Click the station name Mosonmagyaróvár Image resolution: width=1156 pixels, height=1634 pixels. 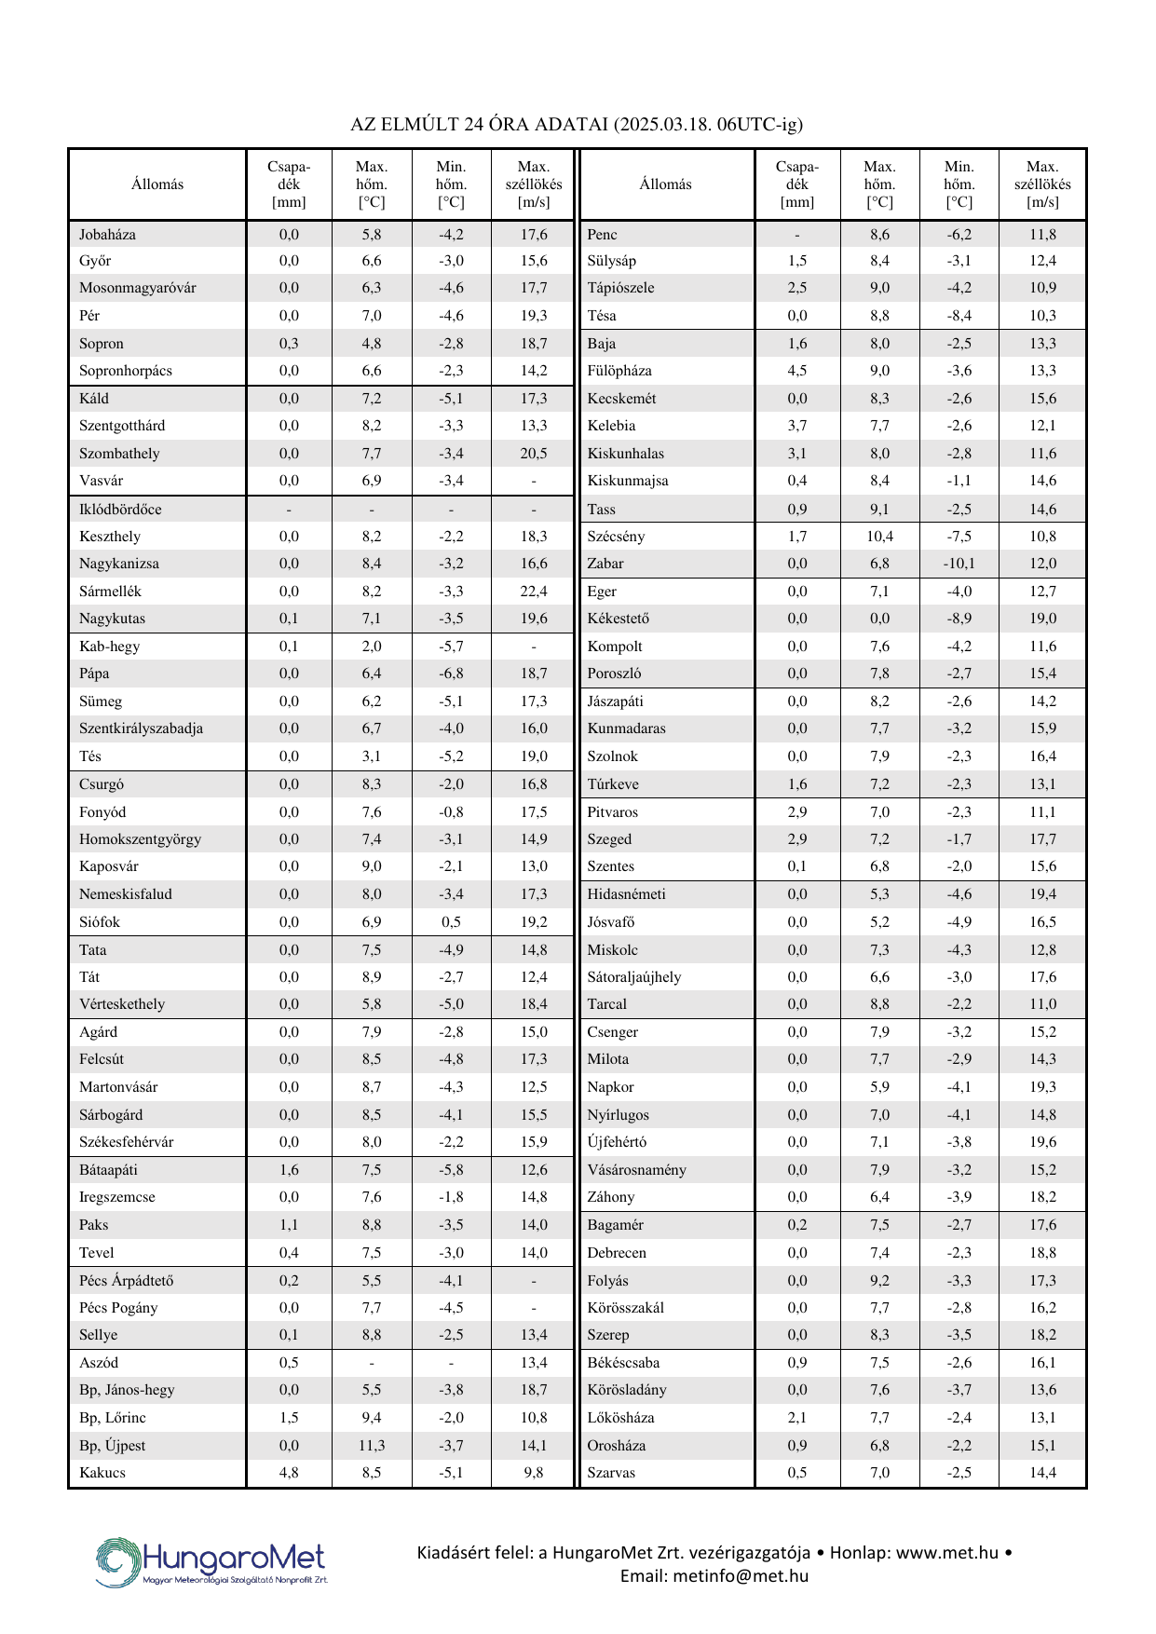pos(137,288)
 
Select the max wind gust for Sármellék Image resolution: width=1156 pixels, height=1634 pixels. pos(534,592)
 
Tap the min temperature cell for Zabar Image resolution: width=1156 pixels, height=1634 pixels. pos(959,564)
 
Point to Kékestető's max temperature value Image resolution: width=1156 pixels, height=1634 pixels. pos(879,619)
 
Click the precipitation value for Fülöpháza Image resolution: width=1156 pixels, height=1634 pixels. pos(797,371)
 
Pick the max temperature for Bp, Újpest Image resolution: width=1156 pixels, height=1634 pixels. pos(372,1446)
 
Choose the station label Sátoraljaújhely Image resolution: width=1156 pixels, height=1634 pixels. pos(633,977)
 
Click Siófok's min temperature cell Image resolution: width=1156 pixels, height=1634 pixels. pos(451,922)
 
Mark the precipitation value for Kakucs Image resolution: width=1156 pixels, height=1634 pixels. pos(289,1473)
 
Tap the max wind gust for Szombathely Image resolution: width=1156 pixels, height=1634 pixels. pos(534,454)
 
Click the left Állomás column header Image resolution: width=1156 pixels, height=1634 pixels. pos(157,184)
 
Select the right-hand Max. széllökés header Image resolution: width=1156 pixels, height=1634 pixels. pos(1042,184)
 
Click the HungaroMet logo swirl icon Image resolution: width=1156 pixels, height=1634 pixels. pos(117,1562)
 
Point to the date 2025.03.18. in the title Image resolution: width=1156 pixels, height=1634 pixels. pos(663,124)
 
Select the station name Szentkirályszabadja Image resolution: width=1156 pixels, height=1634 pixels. pos(141,728)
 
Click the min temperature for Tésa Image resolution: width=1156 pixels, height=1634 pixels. pos(959,316)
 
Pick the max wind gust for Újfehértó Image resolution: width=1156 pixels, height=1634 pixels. pos(1042,1142)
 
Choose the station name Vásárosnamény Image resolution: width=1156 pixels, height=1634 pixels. pos(636,1170)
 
